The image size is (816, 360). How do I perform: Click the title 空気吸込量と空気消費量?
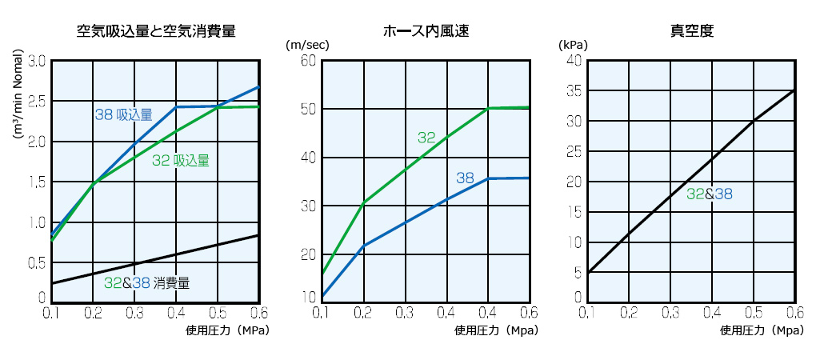pyautogui.click(x=156, y=32)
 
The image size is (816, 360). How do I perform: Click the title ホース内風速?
pyautogui.click(x=426, y=32)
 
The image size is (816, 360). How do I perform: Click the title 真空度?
pyautogui.click(x=692, y=32)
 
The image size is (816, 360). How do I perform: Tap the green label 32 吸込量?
pyautogui.click(x=181, y=161)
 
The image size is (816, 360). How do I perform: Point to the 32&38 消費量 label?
pyautogui.click(x=147, y=282)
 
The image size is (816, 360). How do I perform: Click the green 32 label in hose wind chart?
pyautogui.click(x=426, y=138)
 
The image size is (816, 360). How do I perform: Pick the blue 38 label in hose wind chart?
pyautogui.click(x=466, y=178)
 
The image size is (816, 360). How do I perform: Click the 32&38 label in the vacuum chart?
pyautogui.click(x=710, y=194)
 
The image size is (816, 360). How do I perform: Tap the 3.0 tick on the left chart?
pyautogui.click(x=37, y=61)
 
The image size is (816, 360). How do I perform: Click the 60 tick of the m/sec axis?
pyautogui.click(x=308, y=61)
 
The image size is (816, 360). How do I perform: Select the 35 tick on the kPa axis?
pyautogui.click(x=574, y=90)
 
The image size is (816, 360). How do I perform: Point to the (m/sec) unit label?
pyautogui.click(x=308, y=45)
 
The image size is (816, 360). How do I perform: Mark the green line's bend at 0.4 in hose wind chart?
pyautogui.click(x=487, y=108)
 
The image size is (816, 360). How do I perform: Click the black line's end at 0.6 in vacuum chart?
pyautogui.click(x=794, y=90)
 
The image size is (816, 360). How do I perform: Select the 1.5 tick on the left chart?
pyautogui.click(x=37, y=181)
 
